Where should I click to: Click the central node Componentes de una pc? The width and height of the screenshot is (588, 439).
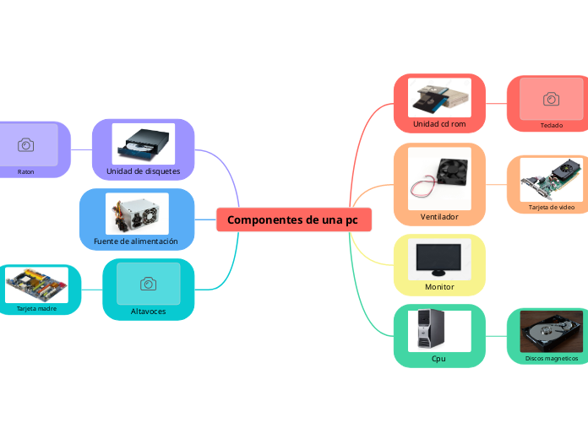point(292,219)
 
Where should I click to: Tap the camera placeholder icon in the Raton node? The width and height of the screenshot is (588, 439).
point(26,145)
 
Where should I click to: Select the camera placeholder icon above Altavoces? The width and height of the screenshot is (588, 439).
point(148,284)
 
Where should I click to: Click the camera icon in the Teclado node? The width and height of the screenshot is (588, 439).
point(551,99)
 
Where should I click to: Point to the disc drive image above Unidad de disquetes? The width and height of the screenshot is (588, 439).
point(144,144)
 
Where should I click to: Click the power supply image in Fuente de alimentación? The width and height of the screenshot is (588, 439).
point(137,214)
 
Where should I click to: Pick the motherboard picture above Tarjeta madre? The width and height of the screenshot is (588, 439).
point(37,285)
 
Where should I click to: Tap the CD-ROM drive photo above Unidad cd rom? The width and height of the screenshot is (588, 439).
point(439,99)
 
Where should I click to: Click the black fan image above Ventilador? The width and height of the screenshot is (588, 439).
point(439,177)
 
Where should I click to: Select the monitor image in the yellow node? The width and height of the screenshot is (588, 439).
point(439,259)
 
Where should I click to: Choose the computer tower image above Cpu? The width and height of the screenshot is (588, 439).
point(439,330)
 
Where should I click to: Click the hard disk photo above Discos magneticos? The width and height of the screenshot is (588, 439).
point(551,332)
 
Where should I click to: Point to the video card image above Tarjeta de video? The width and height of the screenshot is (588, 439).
point(551,180)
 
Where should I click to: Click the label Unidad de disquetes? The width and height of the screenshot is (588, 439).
point(144,171)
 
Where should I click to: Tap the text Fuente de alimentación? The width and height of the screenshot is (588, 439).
point(137,241)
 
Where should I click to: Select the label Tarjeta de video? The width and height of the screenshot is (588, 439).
point(551,207)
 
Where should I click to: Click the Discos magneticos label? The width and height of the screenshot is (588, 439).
point(552,358)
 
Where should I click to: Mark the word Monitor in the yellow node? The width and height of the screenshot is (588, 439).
point(439,287)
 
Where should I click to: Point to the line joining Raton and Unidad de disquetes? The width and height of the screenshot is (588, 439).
point(81,149)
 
